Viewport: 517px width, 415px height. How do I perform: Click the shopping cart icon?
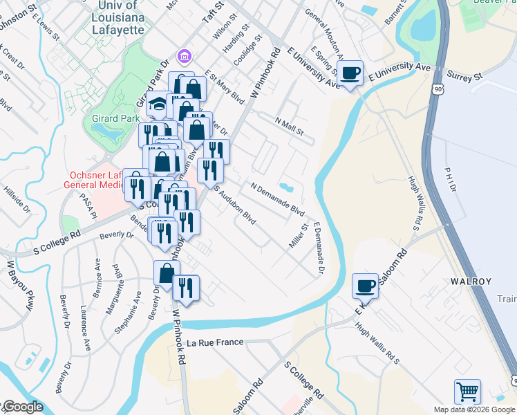click(468, 392)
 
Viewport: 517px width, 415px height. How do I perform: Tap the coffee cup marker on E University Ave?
click(350, 73)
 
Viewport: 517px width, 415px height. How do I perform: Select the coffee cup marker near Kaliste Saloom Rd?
click(366, 286)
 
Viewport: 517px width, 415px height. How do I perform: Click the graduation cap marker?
click(159, 105)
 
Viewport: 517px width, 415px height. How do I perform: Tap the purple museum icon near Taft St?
click(184, 55)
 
